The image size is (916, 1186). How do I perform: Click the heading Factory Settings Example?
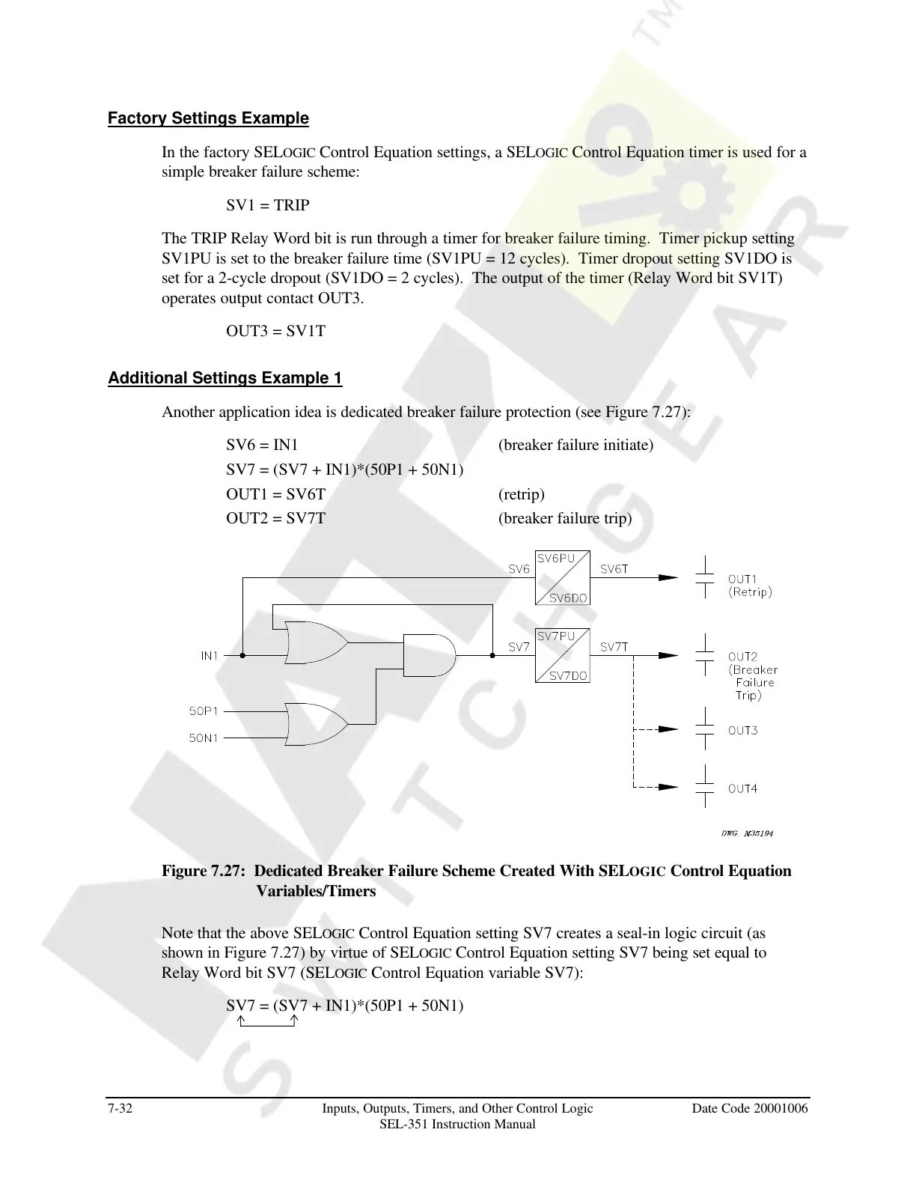coord(208,118)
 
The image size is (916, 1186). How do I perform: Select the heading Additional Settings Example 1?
coord(225,378)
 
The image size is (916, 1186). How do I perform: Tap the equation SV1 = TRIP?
coord(268,205)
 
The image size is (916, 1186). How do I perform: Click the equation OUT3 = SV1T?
coord(275,331)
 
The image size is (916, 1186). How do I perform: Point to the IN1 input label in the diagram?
coord(210,656)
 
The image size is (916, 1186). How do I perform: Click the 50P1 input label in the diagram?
coord(204,711)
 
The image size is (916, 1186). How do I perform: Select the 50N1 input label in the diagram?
coord(204,738)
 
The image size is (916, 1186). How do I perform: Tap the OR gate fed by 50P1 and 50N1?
coord(314,724)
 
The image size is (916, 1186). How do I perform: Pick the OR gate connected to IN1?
coord(314,642)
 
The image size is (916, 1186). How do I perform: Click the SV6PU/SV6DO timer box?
coord(563,577)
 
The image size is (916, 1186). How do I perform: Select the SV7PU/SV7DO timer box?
coord(563,654)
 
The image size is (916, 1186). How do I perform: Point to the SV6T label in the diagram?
coord(614,569)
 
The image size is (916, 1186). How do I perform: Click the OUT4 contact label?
coord(743,788)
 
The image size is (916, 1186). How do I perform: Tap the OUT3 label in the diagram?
coord(743,730)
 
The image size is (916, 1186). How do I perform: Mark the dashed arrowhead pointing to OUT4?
coord(668,787)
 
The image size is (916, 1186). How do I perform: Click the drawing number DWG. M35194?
coord(747,833)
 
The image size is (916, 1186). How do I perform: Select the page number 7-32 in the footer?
coord(120,1108)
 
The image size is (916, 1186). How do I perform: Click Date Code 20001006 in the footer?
coord(750,1108)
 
